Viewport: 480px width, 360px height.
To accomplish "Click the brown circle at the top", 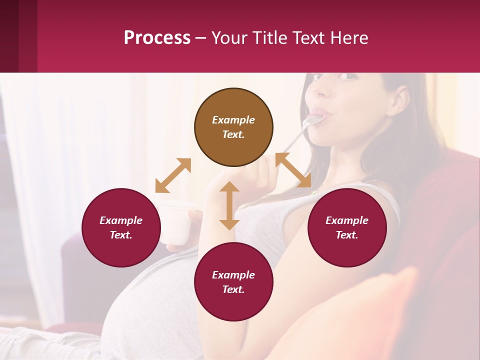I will point(233,127).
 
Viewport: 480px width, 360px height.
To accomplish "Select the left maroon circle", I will point(121,227).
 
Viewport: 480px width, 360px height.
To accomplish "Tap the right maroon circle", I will point(347,227).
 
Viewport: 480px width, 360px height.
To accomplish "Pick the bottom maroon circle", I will point(233,282).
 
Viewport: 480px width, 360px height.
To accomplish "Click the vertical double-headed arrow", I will point(229,205).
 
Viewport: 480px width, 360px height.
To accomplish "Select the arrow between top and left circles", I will point(173,175).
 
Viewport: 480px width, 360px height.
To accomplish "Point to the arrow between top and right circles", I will point(293,170).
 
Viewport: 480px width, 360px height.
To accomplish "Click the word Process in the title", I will point(157,37).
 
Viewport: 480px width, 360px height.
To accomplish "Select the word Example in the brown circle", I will point(233,120).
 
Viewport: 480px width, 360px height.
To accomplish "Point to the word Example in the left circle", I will point(121,220).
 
